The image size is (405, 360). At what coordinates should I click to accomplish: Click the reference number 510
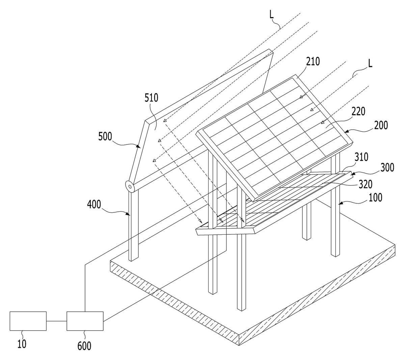point(151,98)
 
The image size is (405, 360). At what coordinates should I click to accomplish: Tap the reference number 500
point(105,136)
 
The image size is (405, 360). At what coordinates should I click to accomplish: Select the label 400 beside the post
point(94,205)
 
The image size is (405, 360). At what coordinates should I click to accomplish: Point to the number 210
point(313,61)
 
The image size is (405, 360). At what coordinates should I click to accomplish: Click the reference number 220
point(358,111)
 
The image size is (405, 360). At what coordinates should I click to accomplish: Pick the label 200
point(381,125)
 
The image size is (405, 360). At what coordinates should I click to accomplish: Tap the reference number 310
point(361,157)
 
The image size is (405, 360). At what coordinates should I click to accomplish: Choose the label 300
point(387,168)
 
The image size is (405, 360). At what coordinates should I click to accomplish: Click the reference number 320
point(366,184)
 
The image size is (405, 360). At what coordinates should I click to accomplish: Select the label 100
point(375,198)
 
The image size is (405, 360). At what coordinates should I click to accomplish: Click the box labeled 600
point(85,321)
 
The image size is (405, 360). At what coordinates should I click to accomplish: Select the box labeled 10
point(28,321)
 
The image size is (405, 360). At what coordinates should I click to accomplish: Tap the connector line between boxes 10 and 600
point(57,321)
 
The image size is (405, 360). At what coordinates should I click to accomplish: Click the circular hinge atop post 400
point(130,187)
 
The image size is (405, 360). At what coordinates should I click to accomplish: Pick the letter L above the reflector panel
point(271,15)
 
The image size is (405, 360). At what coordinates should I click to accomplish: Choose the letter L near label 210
point(370,64)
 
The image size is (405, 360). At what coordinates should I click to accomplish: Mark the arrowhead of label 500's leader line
point(138,146)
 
